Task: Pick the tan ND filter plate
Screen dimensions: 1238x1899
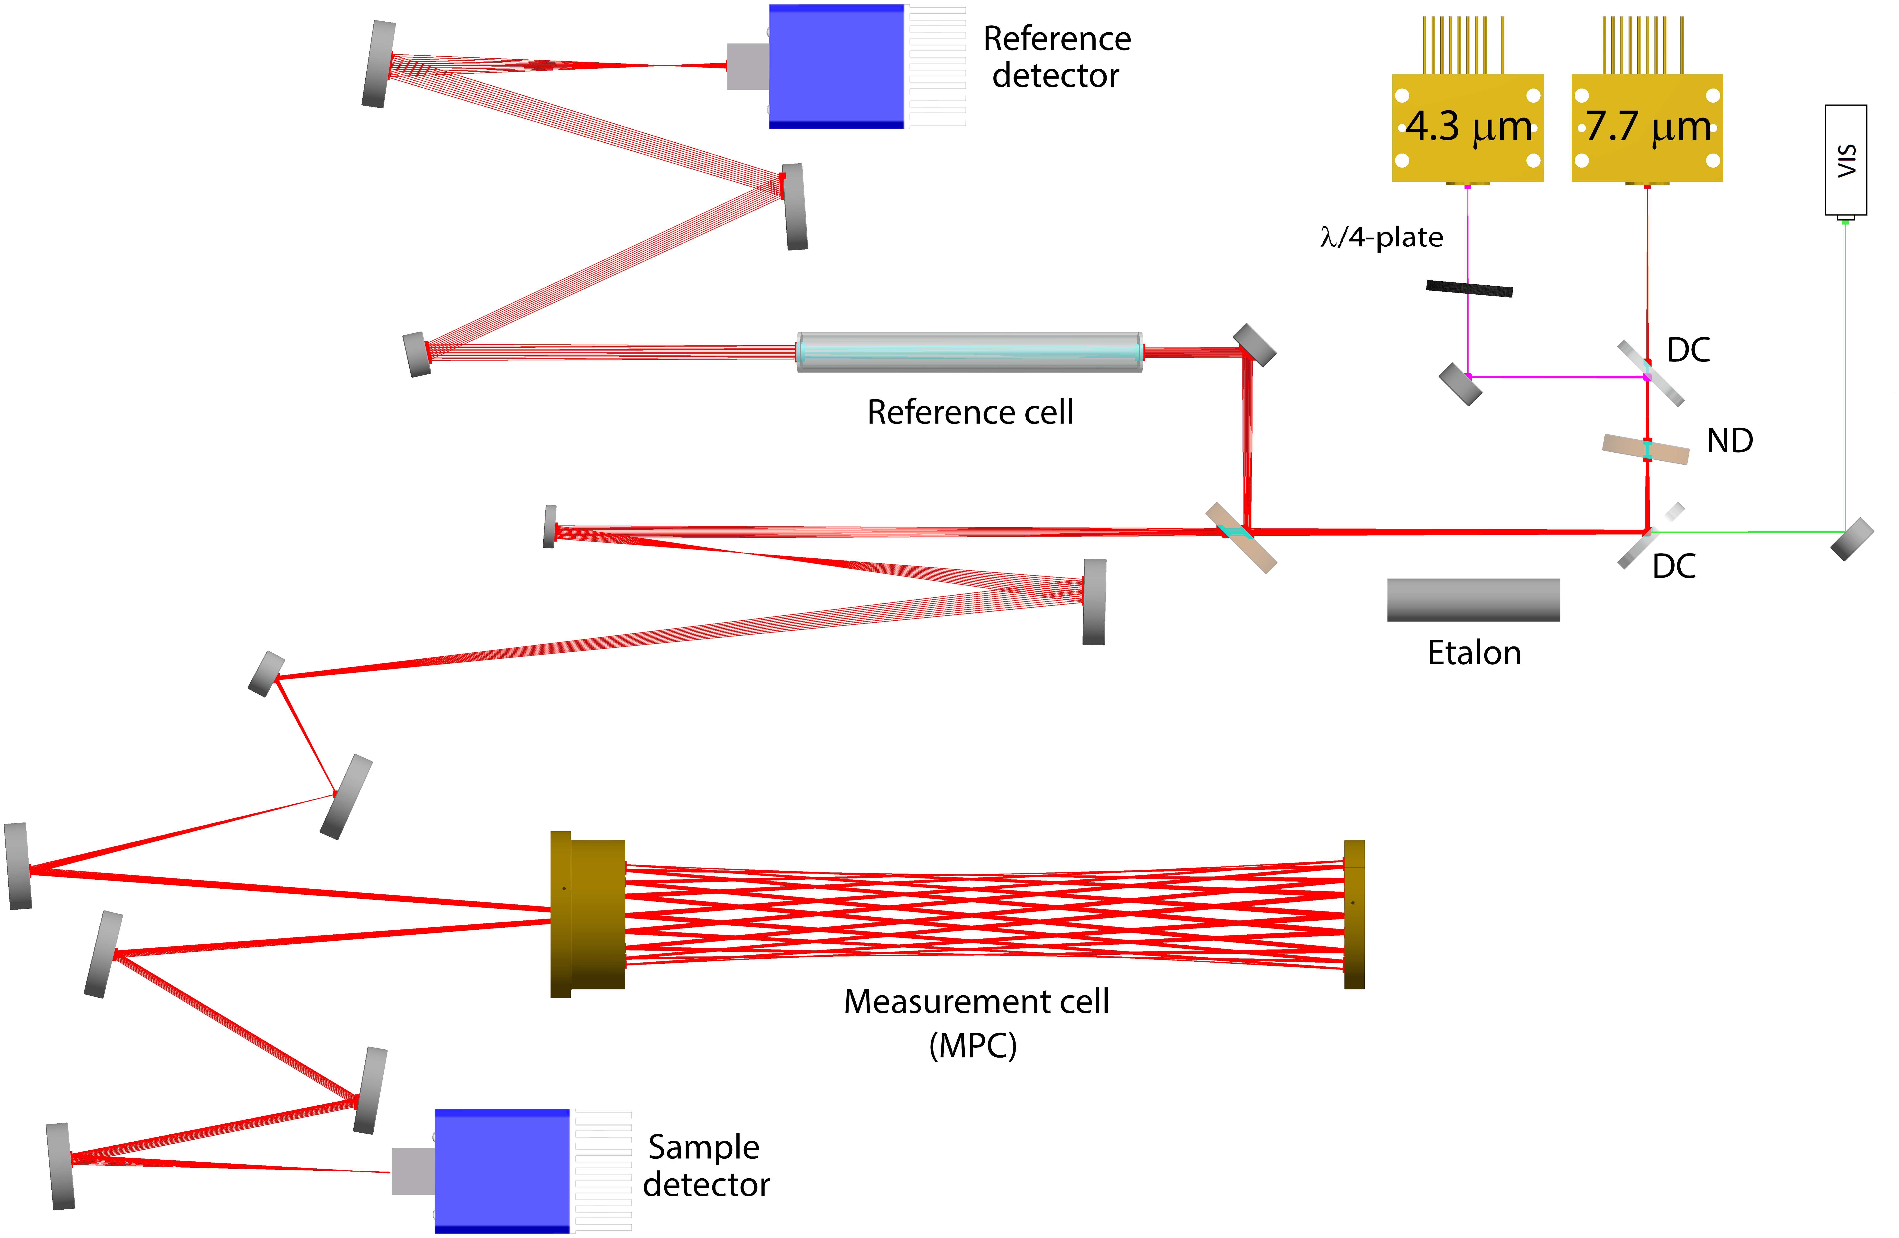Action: (x=1645, y=448)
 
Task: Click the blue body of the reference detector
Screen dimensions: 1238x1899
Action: (x=835, y=66)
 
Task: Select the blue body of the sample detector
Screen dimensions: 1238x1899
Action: (x=502, y=1170)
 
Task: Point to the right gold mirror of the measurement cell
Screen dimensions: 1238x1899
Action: (x=1354, y=914)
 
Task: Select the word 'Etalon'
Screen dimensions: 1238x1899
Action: (x=1474, y=653)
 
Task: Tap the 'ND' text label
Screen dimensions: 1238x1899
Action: (x=1729, y=440)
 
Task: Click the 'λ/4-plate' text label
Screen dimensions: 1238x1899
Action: (x=1381, y=237)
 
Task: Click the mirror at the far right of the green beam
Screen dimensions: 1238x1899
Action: (x=1851, y=539)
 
